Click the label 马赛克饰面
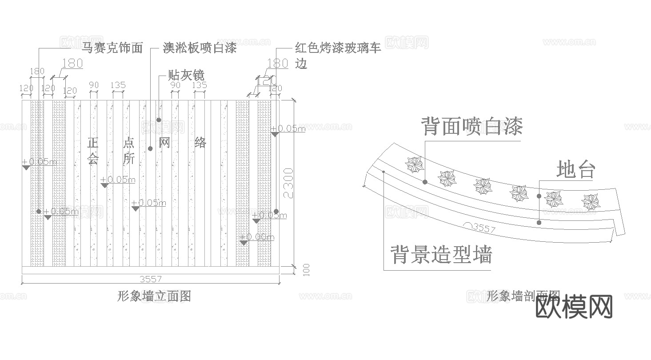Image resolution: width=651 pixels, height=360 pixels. [x=112, y=48]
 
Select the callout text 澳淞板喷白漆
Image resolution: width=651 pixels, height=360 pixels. [x=200, y=48]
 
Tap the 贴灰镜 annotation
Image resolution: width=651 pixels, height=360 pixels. [x=186, y=75]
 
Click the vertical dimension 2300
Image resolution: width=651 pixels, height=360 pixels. [x=288, y=183]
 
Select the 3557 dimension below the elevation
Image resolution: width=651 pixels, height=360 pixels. [x=151, y=279]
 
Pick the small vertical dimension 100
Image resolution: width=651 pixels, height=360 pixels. [x=306, y=270]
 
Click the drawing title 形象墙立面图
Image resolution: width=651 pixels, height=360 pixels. [x=154, y=296]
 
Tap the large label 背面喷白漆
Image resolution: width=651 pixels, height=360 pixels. [x=472, y=126]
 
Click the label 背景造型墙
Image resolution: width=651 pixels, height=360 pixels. [x=441, y=255]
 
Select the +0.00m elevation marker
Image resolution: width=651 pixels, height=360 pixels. [x=257, y=237]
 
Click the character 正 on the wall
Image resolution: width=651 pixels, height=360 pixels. [x=92, y=143]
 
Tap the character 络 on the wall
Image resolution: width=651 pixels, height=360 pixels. [x=200, y=143]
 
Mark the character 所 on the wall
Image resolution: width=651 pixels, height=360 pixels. [x=129, y=159]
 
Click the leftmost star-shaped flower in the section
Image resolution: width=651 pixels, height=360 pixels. [x=415, y=165]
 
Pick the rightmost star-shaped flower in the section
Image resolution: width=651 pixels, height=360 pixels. [x=591, y=202]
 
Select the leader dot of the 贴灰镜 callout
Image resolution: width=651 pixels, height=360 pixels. [x=159, y=120]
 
